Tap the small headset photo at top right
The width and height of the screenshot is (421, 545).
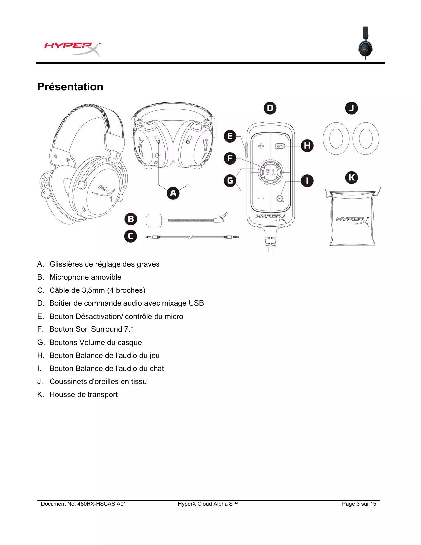point(365,43)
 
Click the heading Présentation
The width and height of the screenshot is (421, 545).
point(70,87)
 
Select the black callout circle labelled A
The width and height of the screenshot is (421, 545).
point(173,193)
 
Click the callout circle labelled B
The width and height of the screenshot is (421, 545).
point(131,219)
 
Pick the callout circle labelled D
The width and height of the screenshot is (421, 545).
point(270,108)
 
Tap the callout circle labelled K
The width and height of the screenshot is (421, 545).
point(351,177)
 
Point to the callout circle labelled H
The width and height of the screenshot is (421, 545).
point(307,145)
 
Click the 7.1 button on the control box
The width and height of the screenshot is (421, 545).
point(270,172)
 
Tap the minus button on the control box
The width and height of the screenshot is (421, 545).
point(261,198)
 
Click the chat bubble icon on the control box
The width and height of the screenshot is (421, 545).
point(280,198)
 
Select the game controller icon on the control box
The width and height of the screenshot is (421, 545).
point(280,146)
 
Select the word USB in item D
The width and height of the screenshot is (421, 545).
point(196,303)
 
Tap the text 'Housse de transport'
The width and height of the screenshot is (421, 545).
point(84,395)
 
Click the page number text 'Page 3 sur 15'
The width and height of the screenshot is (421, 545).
point(359,504)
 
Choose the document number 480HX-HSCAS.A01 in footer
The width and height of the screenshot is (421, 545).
point(102,504)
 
